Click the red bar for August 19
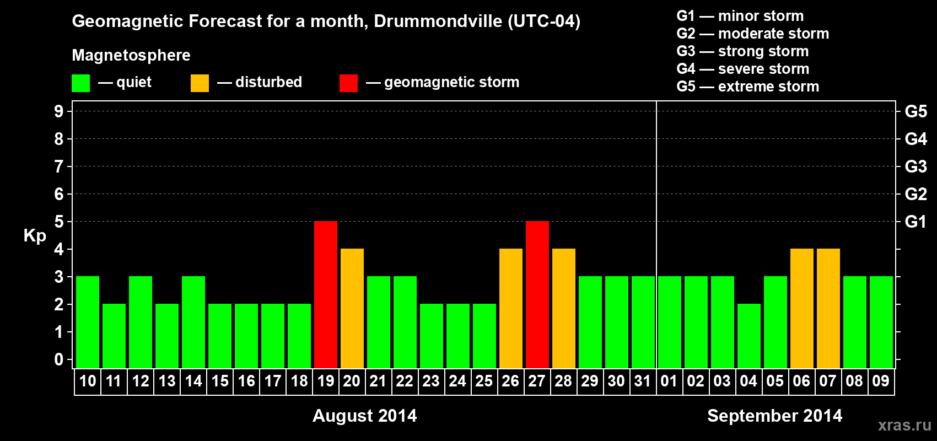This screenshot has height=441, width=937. coord(326,294)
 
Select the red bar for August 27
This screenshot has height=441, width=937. coord(537,294)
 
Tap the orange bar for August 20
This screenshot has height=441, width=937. coord(352,308)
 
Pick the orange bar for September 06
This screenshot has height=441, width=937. coord(802,308)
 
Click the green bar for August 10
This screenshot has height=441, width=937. coord(88,322)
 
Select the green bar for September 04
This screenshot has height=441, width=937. coord(749,336)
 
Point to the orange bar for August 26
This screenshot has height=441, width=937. coord(511,308)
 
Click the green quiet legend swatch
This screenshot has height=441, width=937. coord(81,83)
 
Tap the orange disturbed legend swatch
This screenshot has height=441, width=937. coord(200,83)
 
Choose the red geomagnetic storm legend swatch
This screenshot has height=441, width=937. coord(348,83)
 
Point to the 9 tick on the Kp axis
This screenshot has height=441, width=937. coord(59,111)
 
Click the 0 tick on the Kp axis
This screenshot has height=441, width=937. coord(59,359)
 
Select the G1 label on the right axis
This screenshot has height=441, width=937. coord(916,222)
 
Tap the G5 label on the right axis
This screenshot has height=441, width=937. coord(916,111)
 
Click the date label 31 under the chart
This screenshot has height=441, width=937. coord(643,381)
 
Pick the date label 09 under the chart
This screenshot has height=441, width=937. coord(881,381)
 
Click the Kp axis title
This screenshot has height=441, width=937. coord(35,236)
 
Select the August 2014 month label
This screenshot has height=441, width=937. coord(364,416)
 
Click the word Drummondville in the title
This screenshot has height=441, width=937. coord(438,21)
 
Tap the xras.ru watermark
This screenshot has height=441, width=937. coord(904,424)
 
